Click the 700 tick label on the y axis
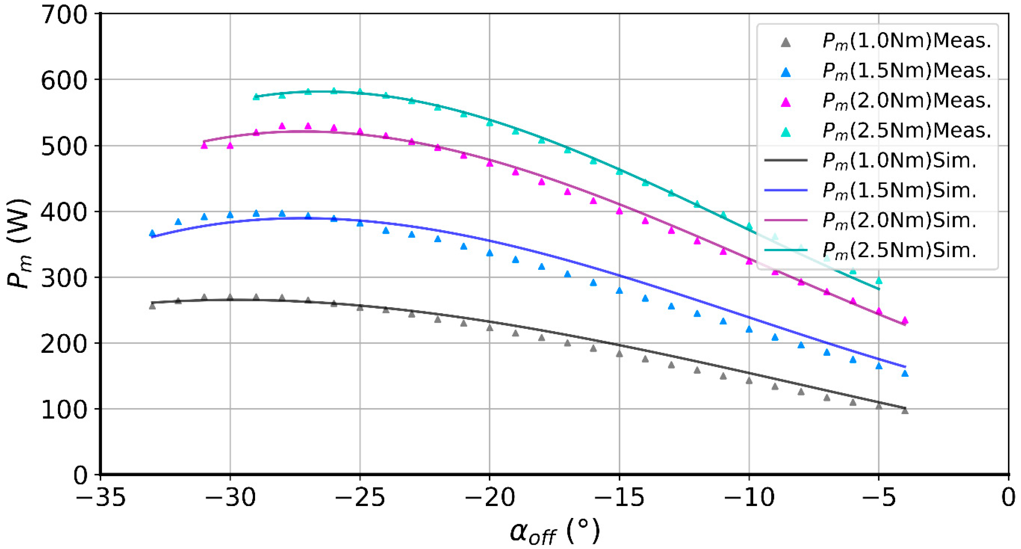[63, 16]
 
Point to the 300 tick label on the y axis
[63, 278]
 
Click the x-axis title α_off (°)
[554, 531]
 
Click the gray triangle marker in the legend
[785, 42]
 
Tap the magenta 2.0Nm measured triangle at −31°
[204, 146]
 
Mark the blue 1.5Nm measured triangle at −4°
[905, 373]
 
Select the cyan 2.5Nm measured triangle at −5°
[879, 280]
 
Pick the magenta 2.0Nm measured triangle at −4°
[905, 320]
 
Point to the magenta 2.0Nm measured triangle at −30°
[230, 146]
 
